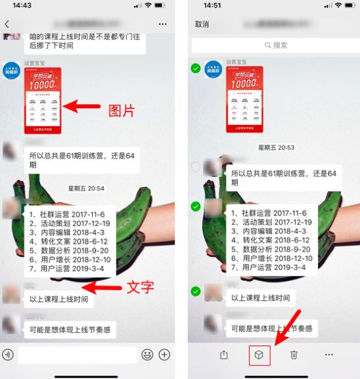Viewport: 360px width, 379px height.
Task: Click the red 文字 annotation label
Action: coord(140,287)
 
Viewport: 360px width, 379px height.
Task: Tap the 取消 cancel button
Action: coord(202,24)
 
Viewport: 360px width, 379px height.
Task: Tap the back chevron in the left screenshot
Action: coord(7,24)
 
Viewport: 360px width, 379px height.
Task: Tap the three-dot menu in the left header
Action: coord(163,24)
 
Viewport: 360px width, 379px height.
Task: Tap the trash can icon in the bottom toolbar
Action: coord(294,355)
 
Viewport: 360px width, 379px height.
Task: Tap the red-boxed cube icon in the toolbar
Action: coord(259,355)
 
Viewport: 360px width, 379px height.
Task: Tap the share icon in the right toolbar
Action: coord(224,355)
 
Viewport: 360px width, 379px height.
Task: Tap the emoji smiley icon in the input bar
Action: coord(148,355)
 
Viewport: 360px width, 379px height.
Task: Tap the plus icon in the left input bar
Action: coord(164,355)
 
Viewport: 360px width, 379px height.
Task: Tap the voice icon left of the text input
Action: coord(8,355)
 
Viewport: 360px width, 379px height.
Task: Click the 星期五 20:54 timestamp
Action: coord(86,189)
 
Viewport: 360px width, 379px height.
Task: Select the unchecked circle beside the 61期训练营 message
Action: coord(195,167)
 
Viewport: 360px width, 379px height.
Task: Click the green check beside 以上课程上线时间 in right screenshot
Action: coord(195,291)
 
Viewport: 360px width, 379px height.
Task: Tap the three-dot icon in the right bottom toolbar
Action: coord(328,355)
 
